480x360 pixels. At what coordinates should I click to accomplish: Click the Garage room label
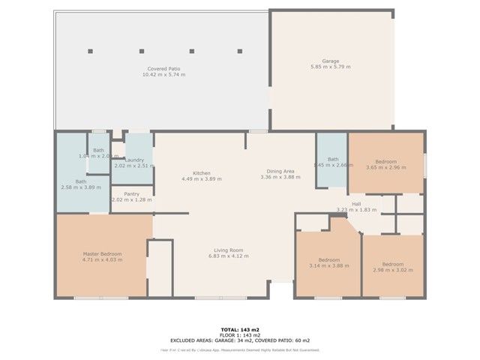(331, 61)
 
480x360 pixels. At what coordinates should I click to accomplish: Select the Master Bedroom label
(101, 254)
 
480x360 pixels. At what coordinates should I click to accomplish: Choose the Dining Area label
(277, 171)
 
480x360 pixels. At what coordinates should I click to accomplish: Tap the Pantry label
(131, 193)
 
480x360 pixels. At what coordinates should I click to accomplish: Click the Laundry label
(134, 160)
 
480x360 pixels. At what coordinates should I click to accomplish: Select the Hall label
(357, 204)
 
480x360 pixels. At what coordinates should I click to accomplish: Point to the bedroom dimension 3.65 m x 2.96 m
(385, 168)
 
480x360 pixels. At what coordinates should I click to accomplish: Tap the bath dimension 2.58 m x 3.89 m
(80, 187)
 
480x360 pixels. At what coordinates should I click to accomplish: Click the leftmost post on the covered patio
(91, 51)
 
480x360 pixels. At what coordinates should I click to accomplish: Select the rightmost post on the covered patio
(240, 51)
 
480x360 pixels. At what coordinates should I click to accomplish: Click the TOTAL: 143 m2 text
(240, 329)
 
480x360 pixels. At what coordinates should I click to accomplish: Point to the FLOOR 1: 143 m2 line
(240, 334)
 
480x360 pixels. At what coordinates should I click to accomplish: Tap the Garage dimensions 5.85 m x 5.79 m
(331, 67)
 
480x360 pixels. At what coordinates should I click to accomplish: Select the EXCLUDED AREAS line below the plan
(240, 340)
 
